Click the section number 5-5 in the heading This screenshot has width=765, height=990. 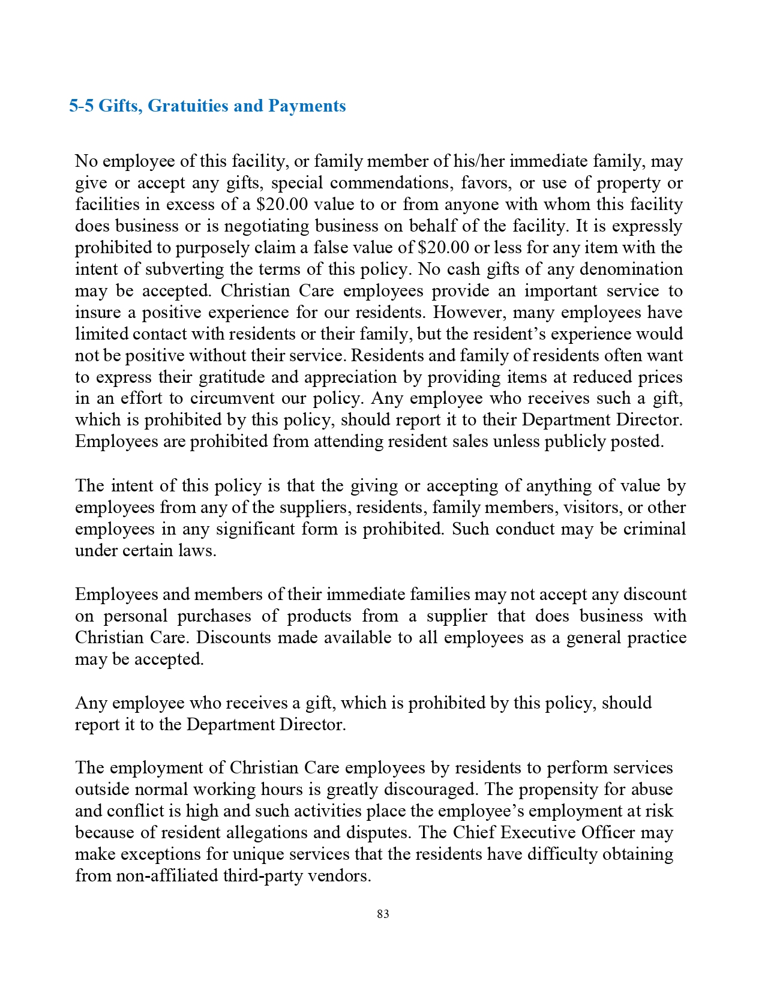[82, 106]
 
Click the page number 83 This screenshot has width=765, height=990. [383, 914]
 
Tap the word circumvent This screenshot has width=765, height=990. [248, 399]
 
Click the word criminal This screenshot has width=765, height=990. [655, 529]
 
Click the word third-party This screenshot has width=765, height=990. [263, 876]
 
